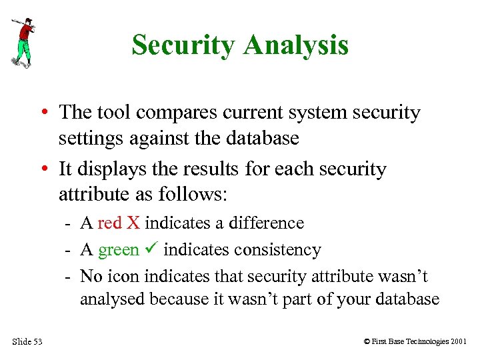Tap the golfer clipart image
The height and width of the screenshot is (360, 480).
point(23,42)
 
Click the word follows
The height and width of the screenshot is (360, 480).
point(193,195)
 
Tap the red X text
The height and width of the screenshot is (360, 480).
point(119,223)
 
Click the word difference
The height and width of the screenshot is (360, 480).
point(266,223)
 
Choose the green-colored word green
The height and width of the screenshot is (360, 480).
point(119,250)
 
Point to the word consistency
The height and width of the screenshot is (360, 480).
point(275,250)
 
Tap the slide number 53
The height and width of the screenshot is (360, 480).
point(37,342)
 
